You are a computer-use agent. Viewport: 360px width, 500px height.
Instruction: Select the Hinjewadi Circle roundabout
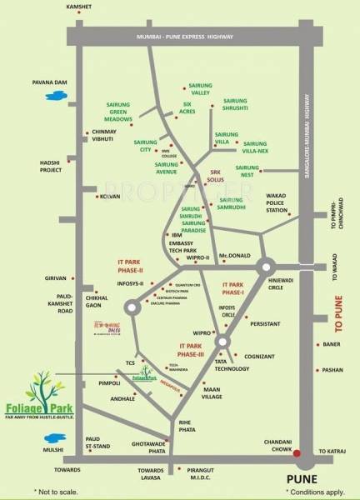(x=266, y=267)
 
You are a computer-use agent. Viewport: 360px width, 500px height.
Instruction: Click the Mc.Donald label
(x=234, y=255)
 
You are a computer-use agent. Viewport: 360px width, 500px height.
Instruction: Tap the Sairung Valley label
(x=205, y=84)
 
